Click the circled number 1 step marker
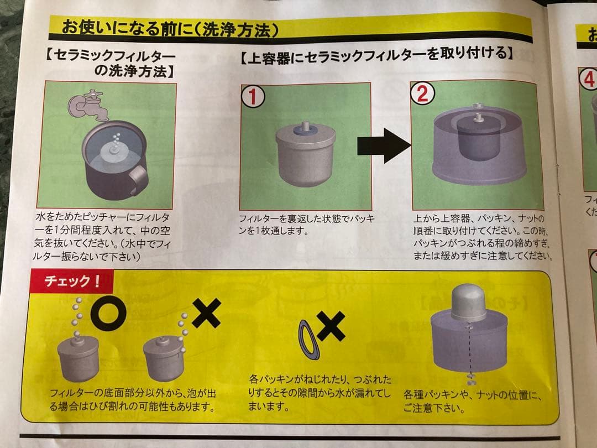pos(252,97)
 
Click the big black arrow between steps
pos(383,145)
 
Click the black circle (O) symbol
pos(109,313)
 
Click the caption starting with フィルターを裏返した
pos(306,225)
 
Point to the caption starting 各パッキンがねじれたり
pos(320,393)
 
